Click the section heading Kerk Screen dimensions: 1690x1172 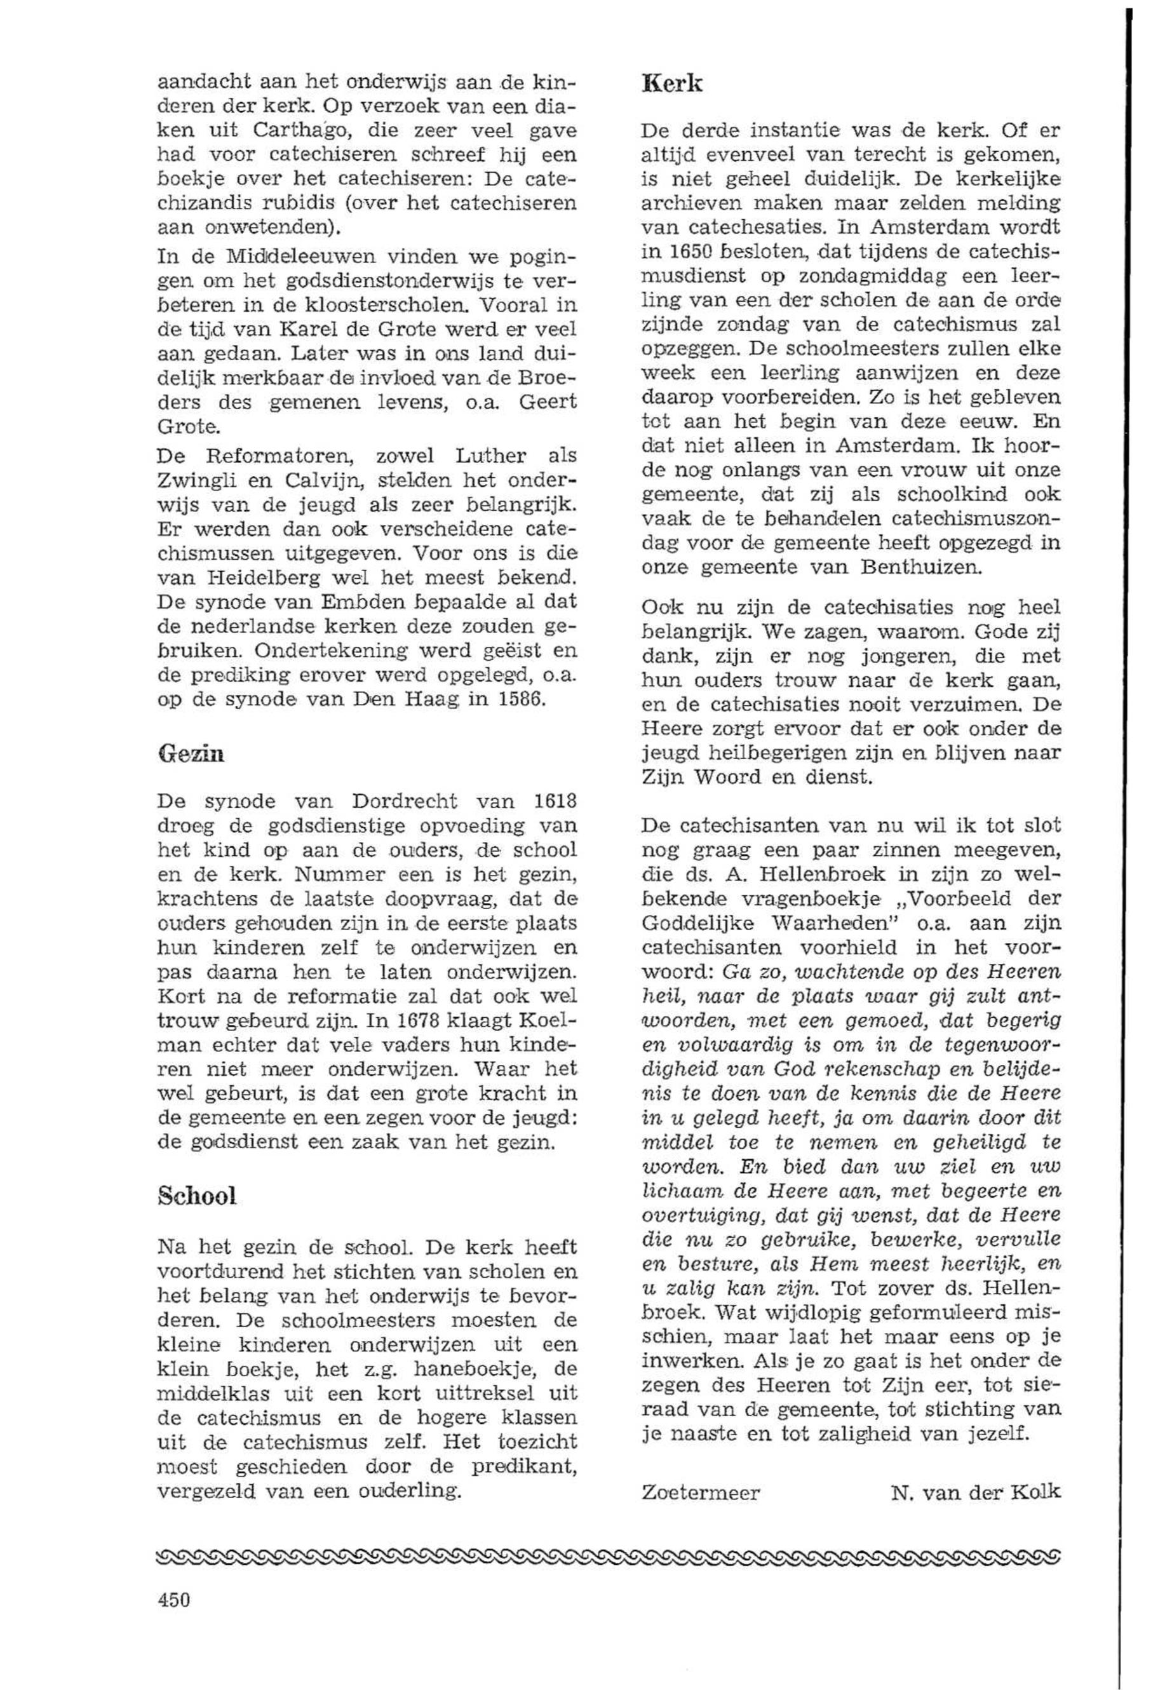click(672, 84)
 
